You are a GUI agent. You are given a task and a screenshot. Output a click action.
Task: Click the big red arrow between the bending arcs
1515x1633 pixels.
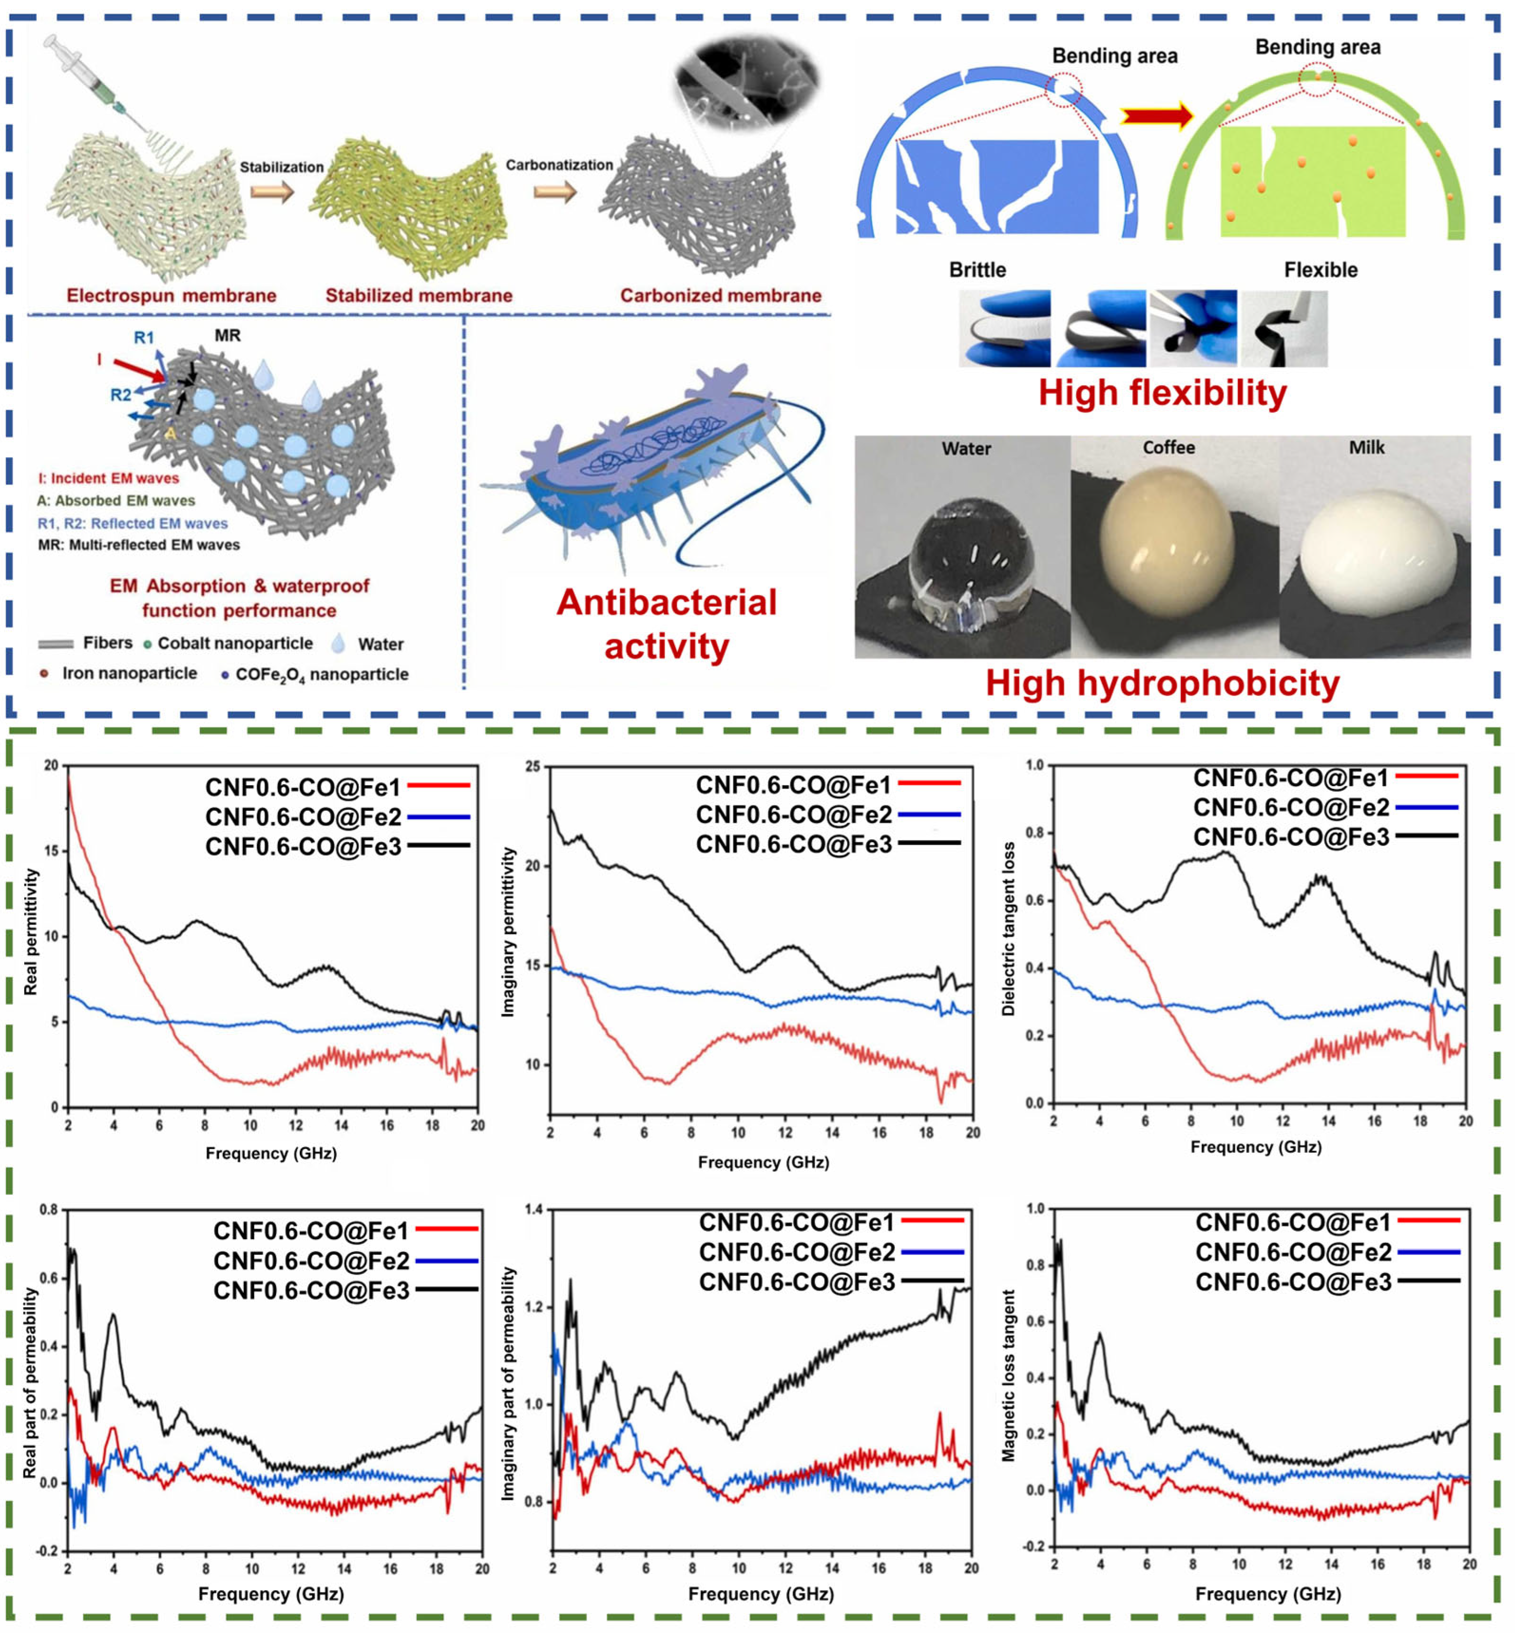pyautogui.click(x=1156, y=115)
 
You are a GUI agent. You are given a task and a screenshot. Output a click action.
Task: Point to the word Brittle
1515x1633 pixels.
pyautogui.click(x=977, y=270)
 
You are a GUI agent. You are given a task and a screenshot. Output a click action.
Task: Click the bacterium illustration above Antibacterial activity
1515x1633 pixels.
pyautogui.click(x=656, y=467)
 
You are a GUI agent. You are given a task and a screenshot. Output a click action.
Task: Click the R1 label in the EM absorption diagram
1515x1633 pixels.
pyautogui.click(x=143, y=337)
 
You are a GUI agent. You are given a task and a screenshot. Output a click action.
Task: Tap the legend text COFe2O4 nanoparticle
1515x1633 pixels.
pyautogui.click(x=321, y=674)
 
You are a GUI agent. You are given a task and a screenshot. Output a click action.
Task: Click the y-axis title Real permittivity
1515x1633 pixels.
pyautogui.click(x=31, y=932)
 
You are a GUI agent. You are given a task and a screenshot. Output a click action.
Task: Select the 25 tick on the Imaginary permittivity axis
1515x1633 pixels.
pyautogui.click(x=533, y=767)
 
